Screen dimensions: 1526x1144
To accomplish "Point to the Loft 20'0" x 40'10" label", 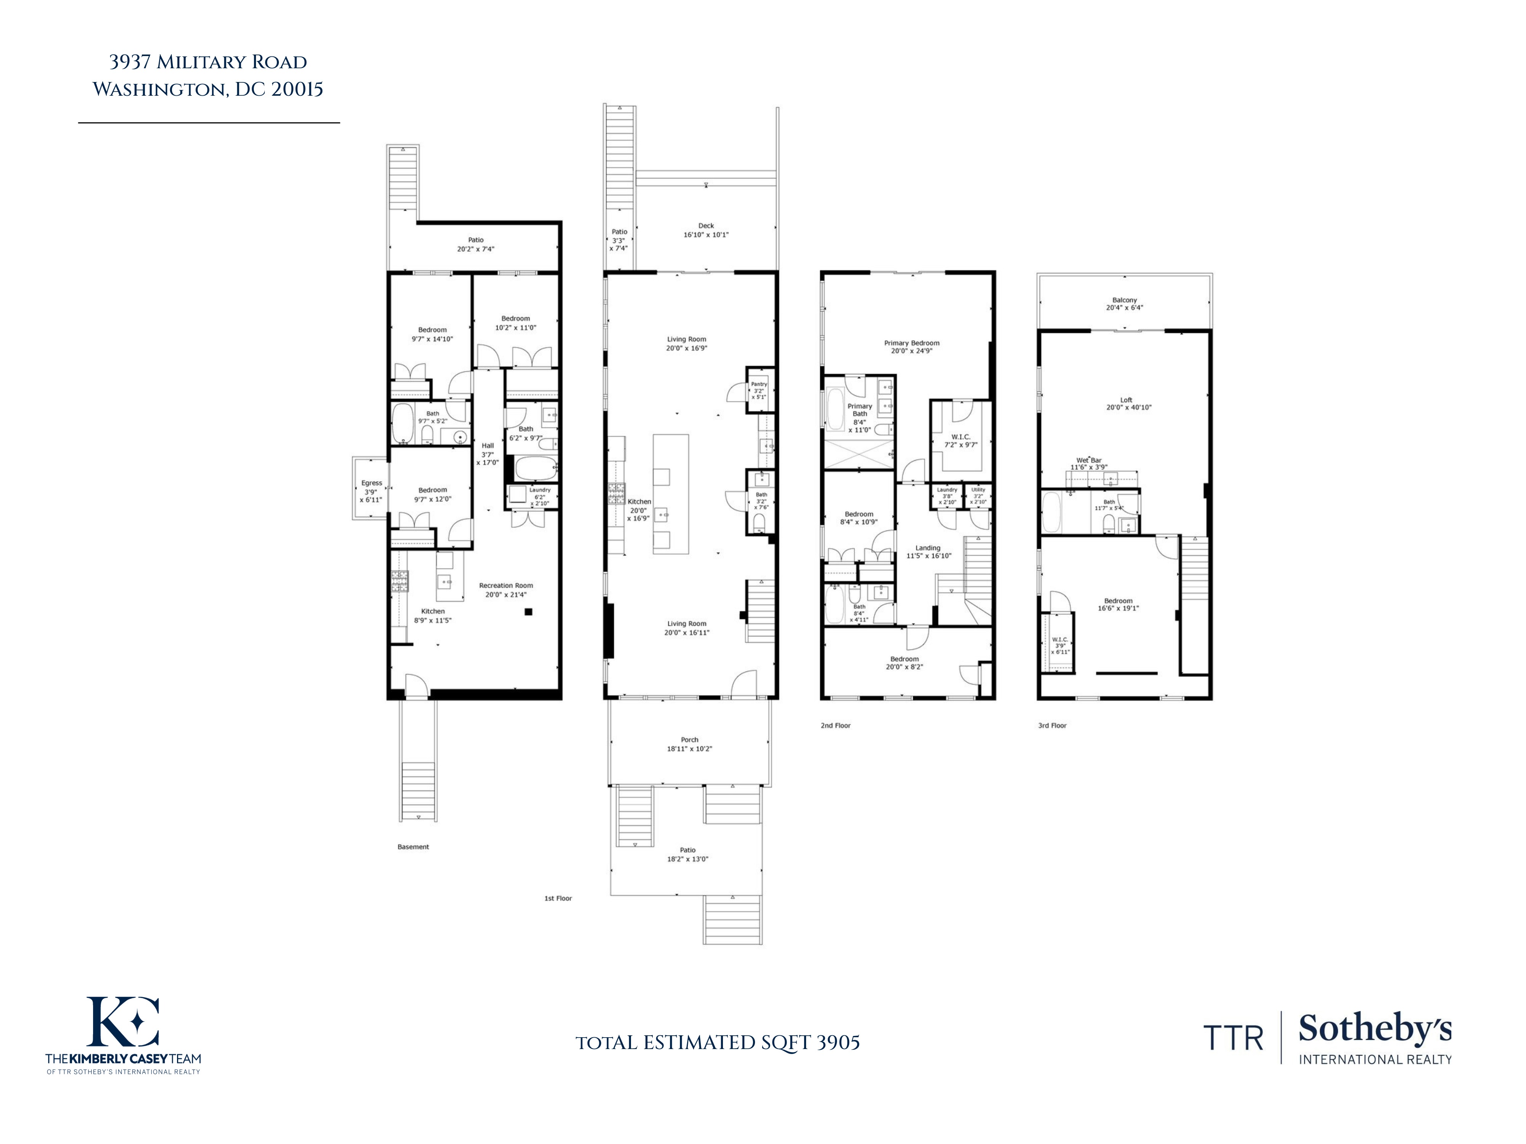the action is pos(1126,403).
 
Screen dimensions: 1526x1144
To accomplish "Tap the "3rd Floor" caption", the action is pos(1052,725).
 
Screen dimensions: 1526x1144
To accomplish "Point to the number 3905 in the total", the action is pos(838,1042).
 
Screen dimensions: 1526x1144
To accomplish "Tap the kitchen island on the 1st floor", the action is pos(671,494).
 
